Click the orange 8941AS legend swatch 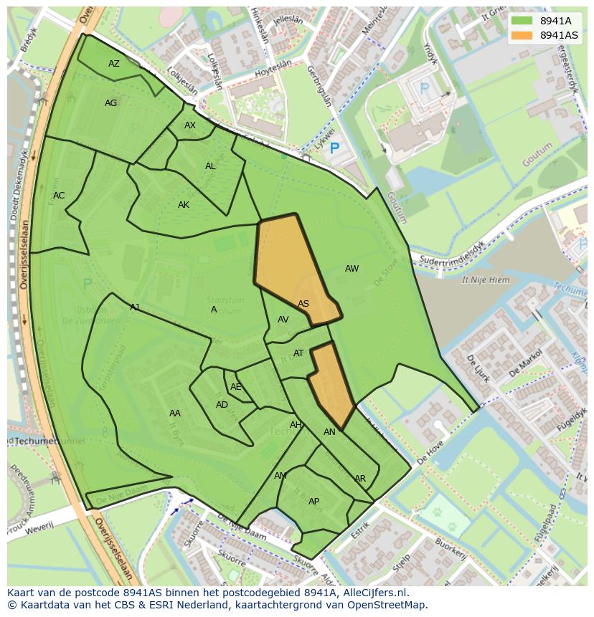point(522,35)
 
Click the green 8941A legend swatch point(522,21)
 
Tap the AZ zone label point(114,64)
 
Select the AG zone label point(110,103)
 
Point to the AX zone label point(190,125)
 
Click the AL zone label point(210,166)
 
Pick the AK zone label point(184,205)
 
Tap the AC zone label point(59,196)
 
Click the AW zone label point(352,269)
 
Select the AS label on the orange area point(303,304)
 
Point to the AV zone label point(283,320)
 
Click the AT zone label point(298,353)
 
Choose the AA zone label point(175,413)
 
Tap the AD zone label point(222,405)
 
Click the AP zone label point(313,502)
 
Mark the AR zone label point(360,479)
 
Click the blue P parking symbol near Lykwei point(334,149)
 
